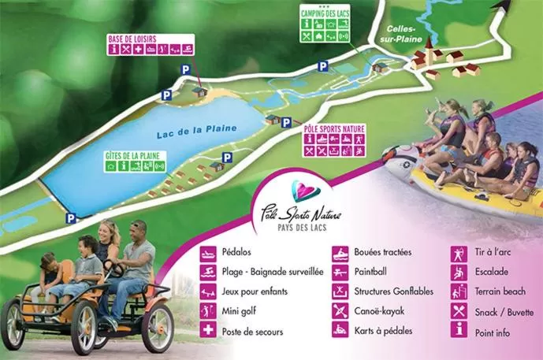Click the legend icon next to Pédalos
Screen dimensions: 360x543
pos(208,253)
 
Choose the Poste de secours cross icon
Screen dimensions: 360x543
pos(208,332)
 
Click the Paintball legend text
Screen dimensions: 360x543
pos(376,272)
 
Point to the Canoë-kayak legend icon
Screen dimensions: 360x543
pos(340,311)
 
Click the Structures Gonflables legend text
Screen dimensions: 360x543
pos(394,291)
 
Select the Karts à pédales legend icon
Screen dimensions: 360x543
pos(340,331)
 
